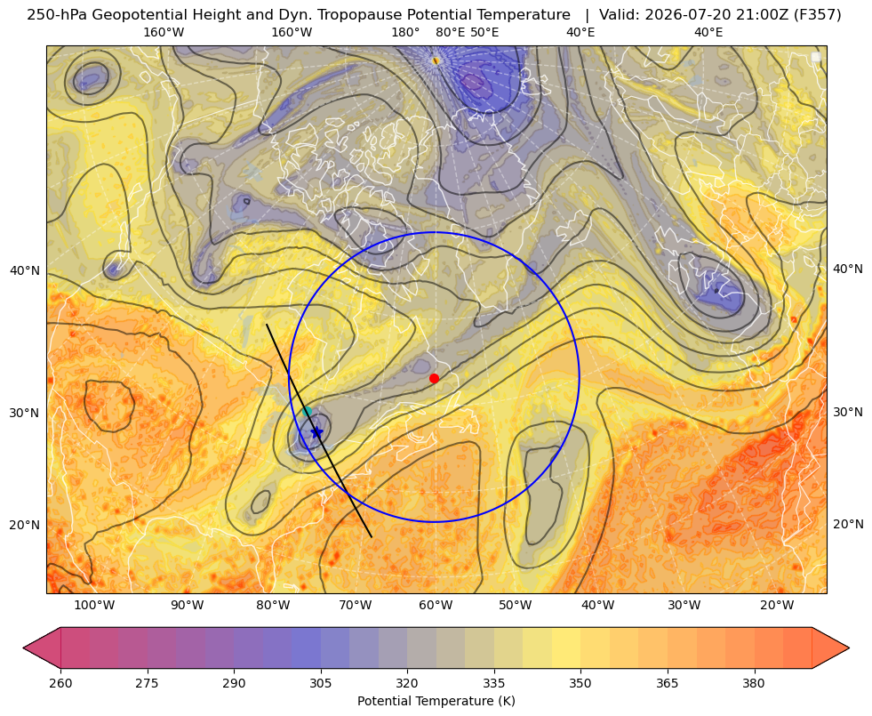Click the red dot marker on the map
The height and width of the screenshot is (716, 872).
pyautogui.click(x=435, y=378)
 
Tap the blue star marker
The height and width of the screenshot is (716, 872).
pyautogui.click(x=316, y=432)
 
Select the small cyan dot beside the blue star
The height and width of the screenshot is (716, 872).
pyautogui.click(x=307, y=412)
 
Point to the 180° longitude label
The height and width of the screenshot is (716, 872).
pyautogui.click(x=405, y=32)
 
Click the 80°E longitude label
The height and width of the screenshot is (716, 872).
pyautogui.click(x=450, y=32)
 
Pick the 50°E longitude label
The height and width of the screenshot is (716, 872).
pyautogui.click(x=484, y=32)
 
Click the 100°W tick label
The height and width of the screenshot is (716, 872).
pyautogui.click(x=94, y=606)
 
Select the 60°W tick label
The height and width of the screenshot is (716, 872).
pyautogui.click(x=436, y=606)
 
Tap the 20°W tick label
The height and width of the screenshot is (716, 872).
pyautogui.click(x=777, y=606)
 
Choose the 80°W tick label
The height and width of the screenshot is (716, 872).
pyautogui.click(x=273, y=606)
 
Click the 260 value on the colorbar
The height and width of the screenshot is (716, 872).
pyautogui.click(x=60, y=683)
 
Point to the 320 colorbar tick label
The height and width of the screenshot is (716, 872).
pyautogui.click(x=407, y=683)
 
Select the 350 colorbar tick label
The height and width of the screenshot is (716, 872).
pyautogui.click(x=580, y=683)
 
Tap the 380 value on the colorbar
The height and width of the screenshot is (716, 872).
pyautogui.click(x=754, y=683)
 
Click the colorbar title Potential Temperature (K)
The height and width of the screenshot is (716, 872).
pyautogui.click(x=436, y=701)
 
